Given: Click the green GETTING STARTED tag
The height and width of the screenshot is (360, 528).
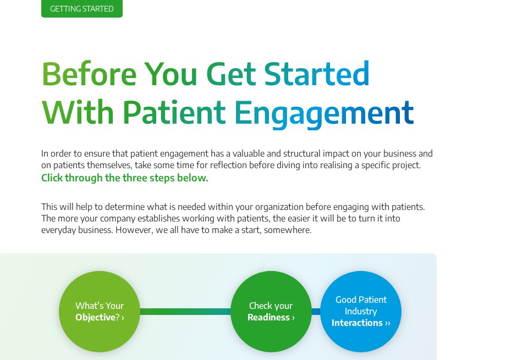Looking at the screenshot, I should tap(81, 9).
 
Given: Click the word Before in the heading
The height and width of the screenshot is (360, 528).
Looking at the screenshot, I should tap(89, 74).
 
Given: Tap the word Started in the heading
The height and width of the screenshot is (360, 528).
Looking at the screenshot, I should tap(316, 74).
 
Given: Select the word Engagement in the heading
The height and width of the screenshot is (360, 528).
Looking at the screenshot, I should tap(323, 112).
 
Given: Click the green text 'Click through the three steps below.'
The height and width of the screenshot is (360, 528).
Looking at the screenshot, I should tap(124, 178).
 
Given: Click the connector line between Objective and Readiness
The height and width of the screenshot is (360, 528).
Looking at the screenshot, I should tap(185, 312).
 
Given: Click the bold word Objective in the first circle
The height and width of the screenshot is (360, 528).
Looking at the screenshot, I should tap(95, 318).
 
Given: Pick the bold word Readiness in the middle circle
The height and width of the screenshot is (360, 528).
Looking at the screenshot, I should tap(268, 318).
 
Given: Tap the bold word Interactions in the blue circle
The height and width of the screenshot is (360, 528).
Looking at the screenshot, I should tap(357, 323).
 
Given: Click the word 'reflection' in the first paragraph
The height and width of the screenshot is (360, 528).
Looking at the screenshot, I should tap(228, 165).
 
